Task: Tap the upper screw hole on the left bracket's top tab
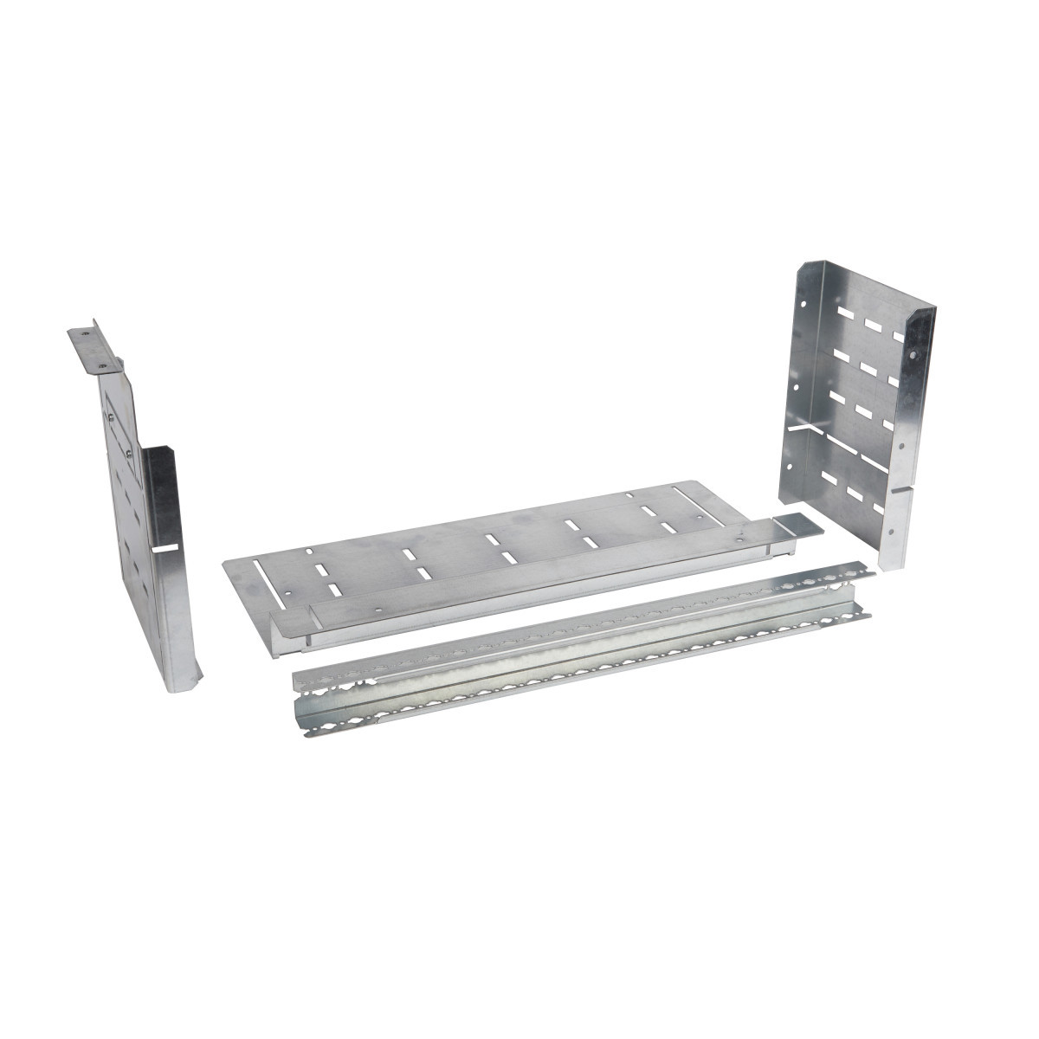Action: point(84,331)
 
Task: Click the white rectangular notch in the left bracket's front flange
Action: point(165,549)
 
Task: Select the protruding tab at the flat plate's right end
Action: point(794,524)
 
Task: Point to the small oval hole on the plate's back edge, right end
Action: point(628,495)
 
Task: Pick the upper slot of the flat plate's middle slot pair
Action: point(491,539)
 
